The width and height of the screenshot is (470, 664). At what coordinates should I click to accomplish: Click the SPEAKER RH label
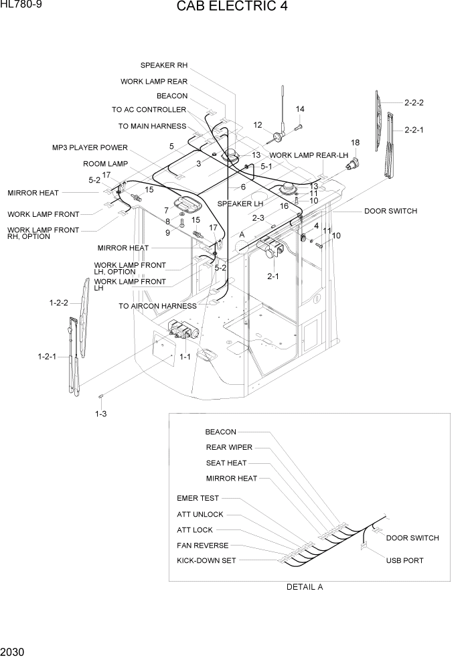(164, 66)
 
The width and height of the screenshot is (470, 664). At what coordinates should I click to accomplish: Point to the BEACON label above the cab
(172, 96)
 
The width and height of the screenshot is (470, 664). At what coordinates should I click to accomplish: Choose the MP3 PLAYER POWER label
(90, 148)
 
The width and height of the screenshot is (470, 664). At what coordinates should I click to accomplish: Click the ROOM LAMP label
(105, 164)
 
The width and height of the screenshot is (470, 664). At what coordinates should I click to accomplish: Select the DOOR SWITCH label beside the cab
(390, 212)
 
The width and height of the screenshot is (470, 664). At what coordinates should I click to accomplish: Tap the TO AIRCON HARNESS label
(157, 306)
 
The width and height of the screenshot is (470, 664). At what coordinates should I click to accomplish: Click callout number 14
(300, 109)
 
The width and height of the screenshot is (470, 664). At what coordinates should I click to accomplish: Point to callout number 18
(355, 143)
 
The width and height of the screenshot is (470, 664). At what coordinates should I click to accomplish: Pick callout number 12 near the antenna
(258, 125)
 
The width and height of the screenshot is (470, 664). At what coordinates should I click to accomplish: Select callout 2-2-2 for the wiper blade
(414, 103)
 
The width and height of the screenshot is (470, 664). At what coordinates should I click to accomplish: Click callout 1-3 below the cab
(101, 414)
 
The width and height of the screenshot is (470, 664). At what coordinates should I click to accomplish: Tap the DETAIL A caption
(305, 587)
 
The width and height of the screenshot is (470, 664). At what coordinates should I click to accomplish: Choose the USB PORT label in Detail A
(404, 561)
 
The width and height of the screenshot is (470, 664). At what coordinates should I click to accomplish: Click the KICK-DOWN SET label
(206, 561)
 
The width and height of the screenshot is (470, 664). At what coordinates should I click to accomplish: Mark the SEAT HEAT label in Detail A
(226, 463)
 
